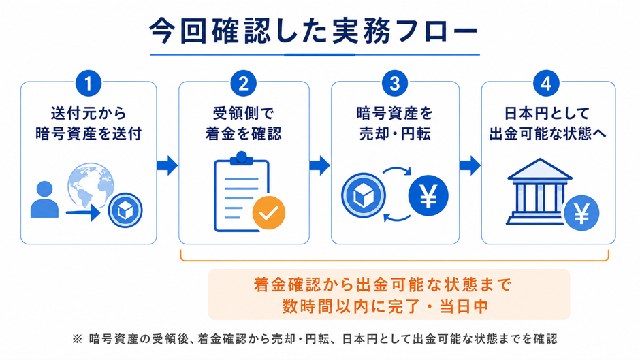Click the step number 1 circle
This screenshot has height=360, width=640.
[x=88, y=83]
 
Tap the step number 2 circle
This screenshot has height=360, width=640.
[x=243, y=83]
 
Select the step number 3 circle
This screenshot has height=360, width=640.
[x=395, y=83]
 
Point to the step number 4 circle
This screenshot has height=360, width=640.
[x=546, y=83]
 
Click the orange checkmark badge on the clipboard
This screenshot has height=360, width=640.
[x=268, y=212]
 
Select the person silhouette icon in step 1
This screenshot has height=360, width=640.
[x=44, y=199]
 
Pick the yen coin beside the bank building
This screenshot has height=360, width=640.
[x=581, y=213]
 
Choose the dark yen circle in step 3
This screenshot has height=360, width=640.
[x=428, y=195]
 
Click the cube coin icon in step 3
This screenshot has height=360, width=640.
[x=364, y=195]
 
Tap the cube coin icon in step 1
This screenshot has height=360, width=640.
[x=125, y=210]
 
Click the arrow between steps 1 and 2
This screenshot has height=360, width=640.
[x=167, y=165]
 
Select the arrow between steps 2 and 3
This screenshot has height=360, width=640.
[x=319, y=165]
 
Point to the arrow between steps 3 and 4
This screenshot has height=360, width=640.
[x=470, y=165]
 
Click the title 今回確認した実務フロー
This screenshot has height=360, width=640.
[x=313, y=31]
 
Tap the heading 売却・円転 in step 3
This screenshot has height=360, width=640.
[x=395, y=134]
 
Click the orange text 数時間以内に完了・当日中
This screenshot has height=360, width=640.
[x=385, y=306]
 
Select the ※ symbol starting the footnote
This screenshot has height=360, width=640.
[x=77, y=339]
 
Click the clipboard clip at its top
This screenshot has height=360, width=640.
[x=242, y=158]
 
